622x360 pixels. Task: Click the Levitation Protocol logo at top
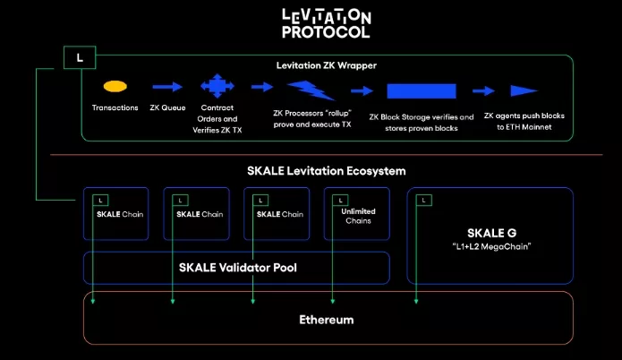pos(326,23)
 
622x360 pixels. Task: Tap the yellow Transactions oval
pos(115,87)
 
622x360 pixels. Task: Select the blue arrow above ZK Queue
pos(166,87)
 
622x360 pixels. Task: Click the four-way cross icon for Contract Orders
pos(216,87)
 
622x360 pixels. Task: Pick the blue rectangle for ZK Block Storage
pos(429,91)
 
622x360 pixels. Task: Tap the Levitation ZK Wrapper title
pos(325,65)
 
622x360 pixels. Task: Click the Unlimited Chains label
pos(357,218)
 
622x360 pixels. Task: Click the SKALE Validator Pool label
pos(235,266)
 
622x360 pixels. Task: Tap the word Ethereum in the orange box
pos(326,320)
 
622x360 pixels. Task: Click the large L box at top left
pos(81,58)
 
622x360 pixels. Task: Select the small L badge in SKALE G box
pos(423,199)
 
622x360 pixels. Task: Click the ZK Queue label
pos(167,108)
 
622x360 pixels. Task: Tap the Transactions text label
pos(115,108)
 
